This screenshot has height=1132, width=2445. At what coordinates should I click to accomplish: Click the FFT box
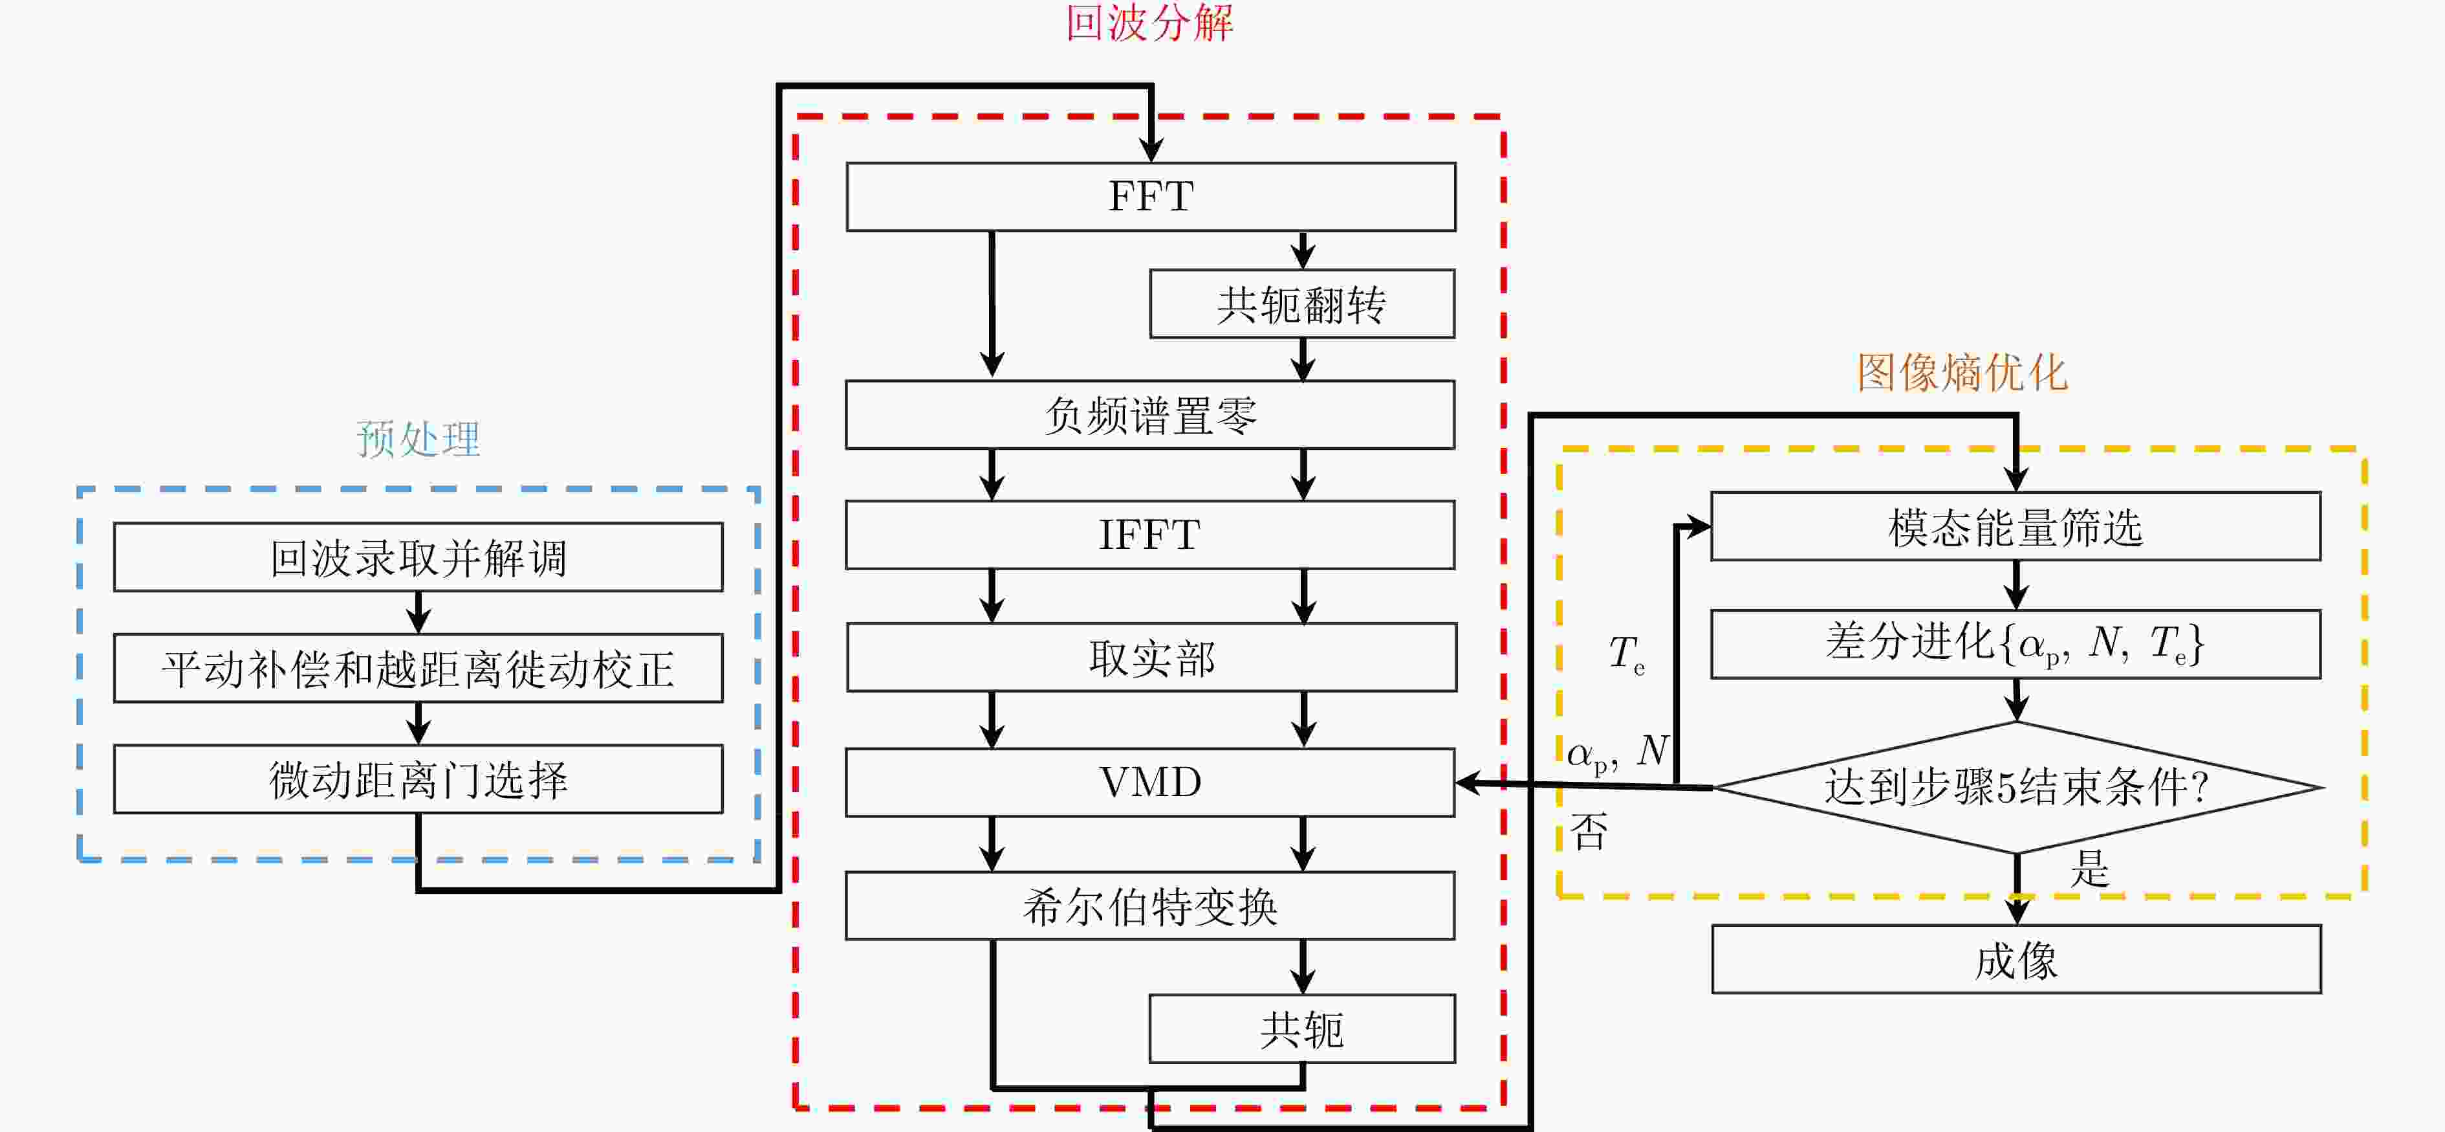click(1150, 197)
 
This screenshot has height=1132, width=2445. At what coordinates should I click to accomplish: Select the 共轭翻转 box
click(1301, 304)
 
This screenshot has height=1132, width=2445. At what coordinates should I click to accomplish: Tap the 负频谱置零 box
click(1150, 415)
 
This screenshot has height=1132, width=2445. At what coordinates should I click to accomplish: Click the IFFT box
click(1150, 535)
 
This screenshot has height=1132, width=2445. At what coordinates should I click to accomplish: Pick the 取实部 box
click(1150, 657)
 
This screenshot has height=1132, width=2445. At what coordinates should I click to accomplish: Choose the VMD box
click(1150, 782)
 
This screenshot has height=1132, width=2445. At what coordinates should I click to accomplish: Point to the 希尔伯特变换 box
click(1150, 906)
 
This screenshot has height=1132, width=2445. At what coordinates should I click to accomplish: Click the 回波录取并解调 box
click(418, 557)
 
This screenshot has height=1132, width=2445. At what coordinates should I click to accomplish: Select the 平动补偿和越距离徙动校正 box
click(418, 669)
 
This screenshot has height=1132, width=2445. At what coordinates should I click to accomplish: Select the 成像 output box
click(2016, 959)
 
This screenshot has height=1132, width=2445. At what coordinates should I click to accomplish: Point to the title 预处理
click(418, 439)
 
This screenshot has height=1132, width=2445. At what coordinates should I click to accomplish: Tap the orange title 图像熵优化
click(1962, 372)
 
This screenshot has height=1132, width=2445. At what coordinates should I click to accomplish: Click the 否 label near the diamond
click(1589, 832)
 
